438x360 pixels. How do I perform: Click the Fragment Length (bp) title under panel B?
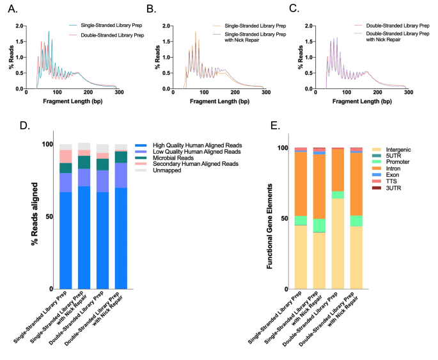pos(224,102)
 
